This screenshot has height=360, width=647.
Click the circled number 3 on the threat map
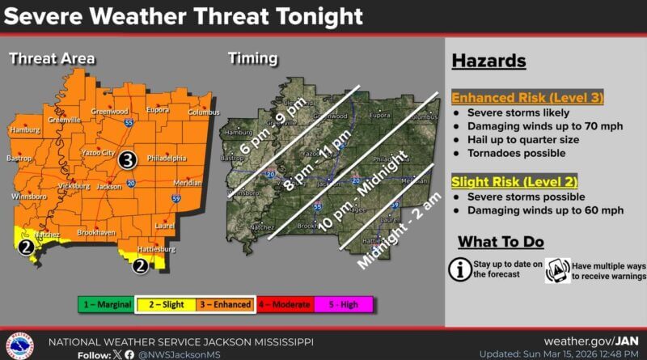pyautogui.click(x=127, y=161)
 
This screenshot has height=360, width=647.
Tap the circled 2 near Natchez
pyautogui.click(x=27, y=248)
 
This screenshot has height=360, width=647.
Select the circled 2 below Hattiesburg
pyautogui.click(x=140, y=264)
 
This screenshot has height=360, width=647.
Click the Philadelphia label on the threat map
pyautogui.click(x=167, y=159)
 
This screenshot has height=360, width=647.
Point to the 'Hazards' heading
pyautogui.click(x=489, y=61)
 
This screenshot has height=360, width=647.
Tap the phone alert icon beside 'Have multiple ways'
pyautogui.click(x=558, y=269)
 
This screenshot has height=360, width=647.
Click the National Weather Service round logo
pyautogui.click(x=19, y=346)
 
